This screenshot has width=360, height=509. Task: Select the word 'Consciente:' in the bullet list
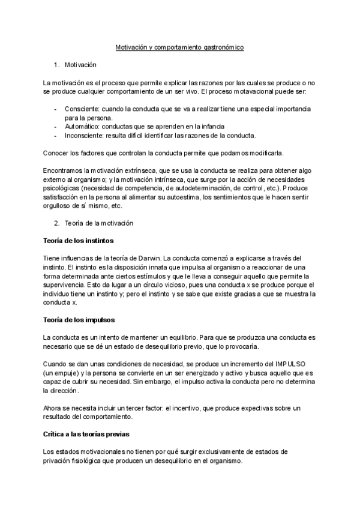82,109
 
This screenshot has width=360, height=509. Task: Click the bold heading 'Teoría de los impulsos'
79,320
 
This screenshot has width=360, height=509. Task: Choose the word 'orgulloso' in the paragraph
59,206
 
